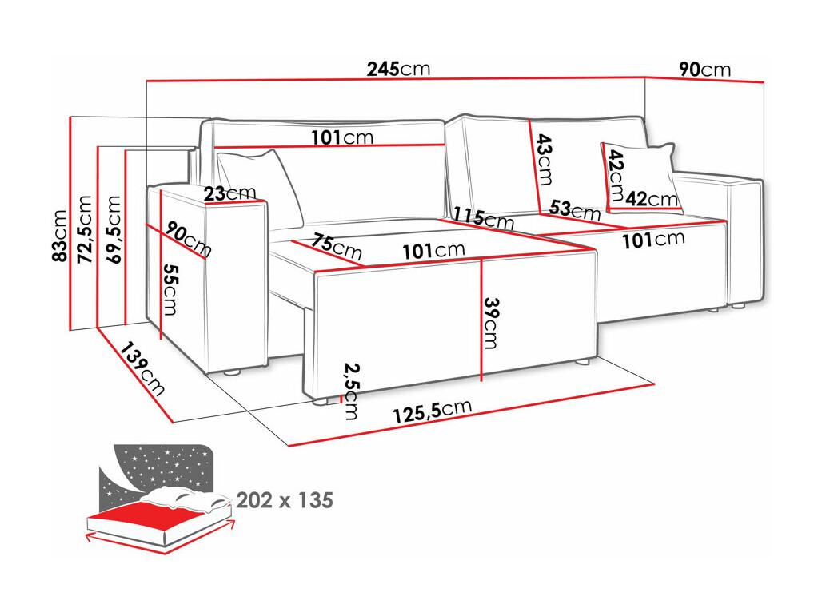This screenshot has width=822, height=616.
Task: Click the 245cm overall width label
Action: coord(398,69)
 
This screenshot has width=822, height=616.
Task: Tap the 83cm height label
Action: coord(60,235)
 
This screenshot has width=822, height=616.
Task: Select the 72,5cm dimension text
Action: coord(85,229)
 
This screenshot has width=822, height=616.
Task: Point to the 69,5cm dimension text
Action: coord(114,229)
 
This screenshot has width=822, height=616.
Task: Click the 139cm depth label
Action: coord(142,369)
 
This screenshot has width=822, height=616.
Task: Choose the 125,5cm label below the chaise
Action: coord(433,411)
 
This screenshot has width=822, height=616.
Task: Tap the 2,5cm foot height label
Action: coord(351,391)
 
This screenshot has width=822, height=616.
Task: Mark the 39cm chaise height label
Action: coord(491,324)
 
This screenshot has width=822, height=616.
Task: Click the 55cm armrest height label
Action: coord(170,289)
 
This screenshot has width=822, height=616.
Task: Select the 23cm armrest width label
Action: coord(229,193)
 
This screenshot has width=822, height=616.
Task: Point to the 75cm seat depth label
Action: coord(336,247)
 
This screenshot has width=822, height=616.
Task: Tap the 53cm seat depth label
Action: coord(575,209)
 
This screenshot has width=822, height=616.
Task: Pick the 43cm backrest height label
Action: coord(545,159)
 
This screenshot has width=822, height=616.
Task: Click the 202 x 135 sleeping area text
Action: coord(285,500)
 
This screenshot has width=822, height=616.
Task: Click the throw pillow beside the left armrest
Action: coord(261,186)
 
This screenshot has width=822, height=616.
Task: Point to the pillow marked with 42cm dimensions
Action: coord(640,178)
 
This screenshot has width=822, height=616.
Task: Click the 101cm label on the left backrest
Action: coord(342,137)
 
